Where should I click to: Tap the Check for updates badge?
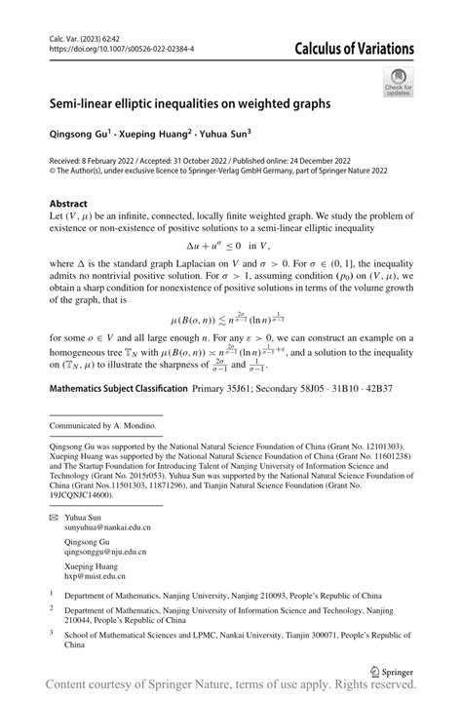tap(399, 82)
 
